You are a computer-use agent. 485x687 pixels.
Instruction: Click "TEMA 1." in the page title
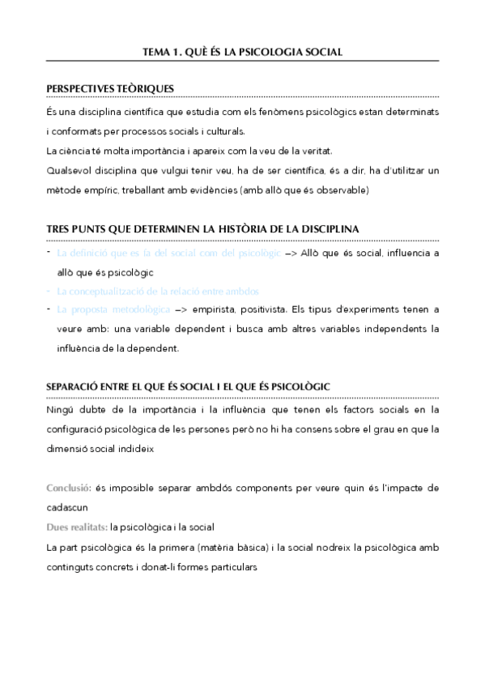pos(161,52)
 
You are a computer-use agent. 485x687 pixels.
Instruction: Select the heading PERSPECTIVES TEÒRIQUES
pos(110,88)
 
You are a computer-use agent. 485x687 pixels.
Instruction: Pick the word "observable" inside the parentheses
pos(342,191)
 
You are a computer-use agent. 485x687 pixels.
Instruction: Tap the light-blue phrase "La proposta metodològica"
pos(113,310)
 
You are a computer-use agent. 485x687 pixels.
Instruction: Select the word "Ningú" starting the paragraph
pos(61,409)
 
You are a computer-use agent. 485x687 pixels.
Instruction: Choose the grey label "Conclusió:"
pos(68,488)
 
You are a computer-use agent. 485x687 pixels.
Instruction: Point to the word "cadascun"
pos(68,508)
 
